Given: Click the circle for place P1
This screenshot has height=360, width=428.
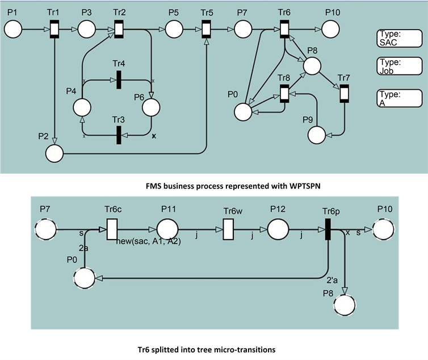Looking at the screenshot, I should coord(13,27).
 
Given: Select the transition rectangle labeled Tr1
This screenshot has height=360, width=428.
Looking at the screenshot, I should coord(54,27).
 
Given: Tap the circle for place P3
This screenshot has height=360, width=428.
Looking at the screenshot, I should coord(87,27).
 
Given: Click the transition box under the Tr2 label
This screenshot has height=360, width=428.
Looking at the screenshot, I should coord(119,27).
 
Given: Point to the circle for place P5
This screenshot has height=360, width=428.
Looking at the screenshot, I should coord(174,27).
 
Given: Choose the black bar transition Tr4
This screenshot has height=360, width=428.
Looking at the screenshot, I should coord(119,79).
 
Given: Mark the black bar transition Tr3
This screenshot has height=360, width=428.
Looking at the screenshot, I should coord(119,135).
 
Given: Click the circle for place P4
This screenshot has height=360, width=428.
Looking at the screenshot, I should coord(83,107).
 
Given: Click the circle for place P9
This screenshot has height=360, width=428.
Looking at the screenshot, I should coord(317,135).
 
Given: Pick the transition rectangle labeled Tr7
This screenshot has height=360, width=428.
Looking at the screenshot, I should coord(344,93).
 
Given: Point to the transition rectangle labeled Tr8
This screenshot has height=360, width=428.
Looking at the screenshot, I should coord(284,93).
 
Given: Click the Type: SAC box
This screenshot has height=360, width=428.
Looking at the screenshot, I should coord(399,39).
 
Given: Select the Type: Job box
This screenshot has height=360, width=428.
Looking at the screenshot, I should coord(399,67).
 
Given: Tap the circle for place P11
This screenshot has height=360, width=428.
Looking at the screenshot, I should coord(167,231).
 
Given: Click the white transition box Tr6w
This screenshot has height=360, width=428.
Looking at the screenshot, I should coord(228,231).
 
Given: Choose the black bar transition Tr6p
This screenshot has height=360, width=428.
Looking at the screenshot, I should coord(328,231).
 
